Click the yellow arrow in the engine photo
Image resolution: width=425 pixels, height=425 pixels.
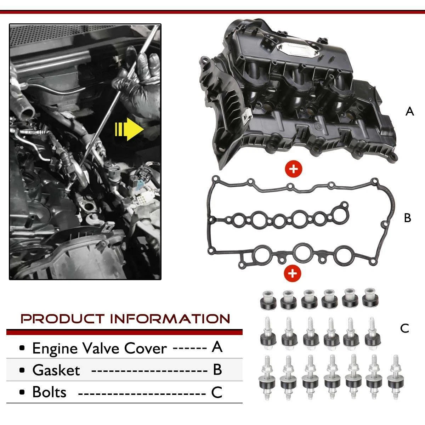pyautogui.click(x=129, y=129)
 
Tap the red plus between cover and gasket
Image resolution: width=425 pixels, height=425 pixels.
pyautogui.click(x=293, y=169)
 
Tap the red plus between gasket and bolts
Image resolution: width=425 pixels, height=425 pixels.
pyautogui.click(x=293, y=273)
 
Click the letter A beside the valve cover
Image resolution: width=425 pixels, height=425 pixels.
pyautogui.click(x=409, y=111)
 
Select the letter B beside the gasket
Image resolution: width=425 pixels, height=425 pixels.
pyautogui.click(x=407, y=218)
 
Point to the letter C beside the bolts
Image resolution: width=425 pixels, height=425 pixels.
pyautogui.click(x=404, y=328)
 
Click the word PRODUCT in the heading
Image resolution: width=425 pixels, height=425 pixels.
pyautogui.click(x=62, y=319)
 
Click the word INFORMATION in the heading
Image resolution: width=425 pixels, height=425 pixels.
pyautogui.click(x=170, y=319)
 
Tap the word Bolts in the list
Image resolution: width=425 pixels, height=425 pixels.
pyautogui.click(x=49, y=392)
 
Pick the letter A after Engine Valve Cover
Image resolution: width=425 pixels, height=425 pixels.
pyautogui.click(x=217, y=347)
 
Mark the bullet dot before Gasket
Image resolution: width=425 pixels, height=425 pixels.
pyautogui.click(x=22, y=370)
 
